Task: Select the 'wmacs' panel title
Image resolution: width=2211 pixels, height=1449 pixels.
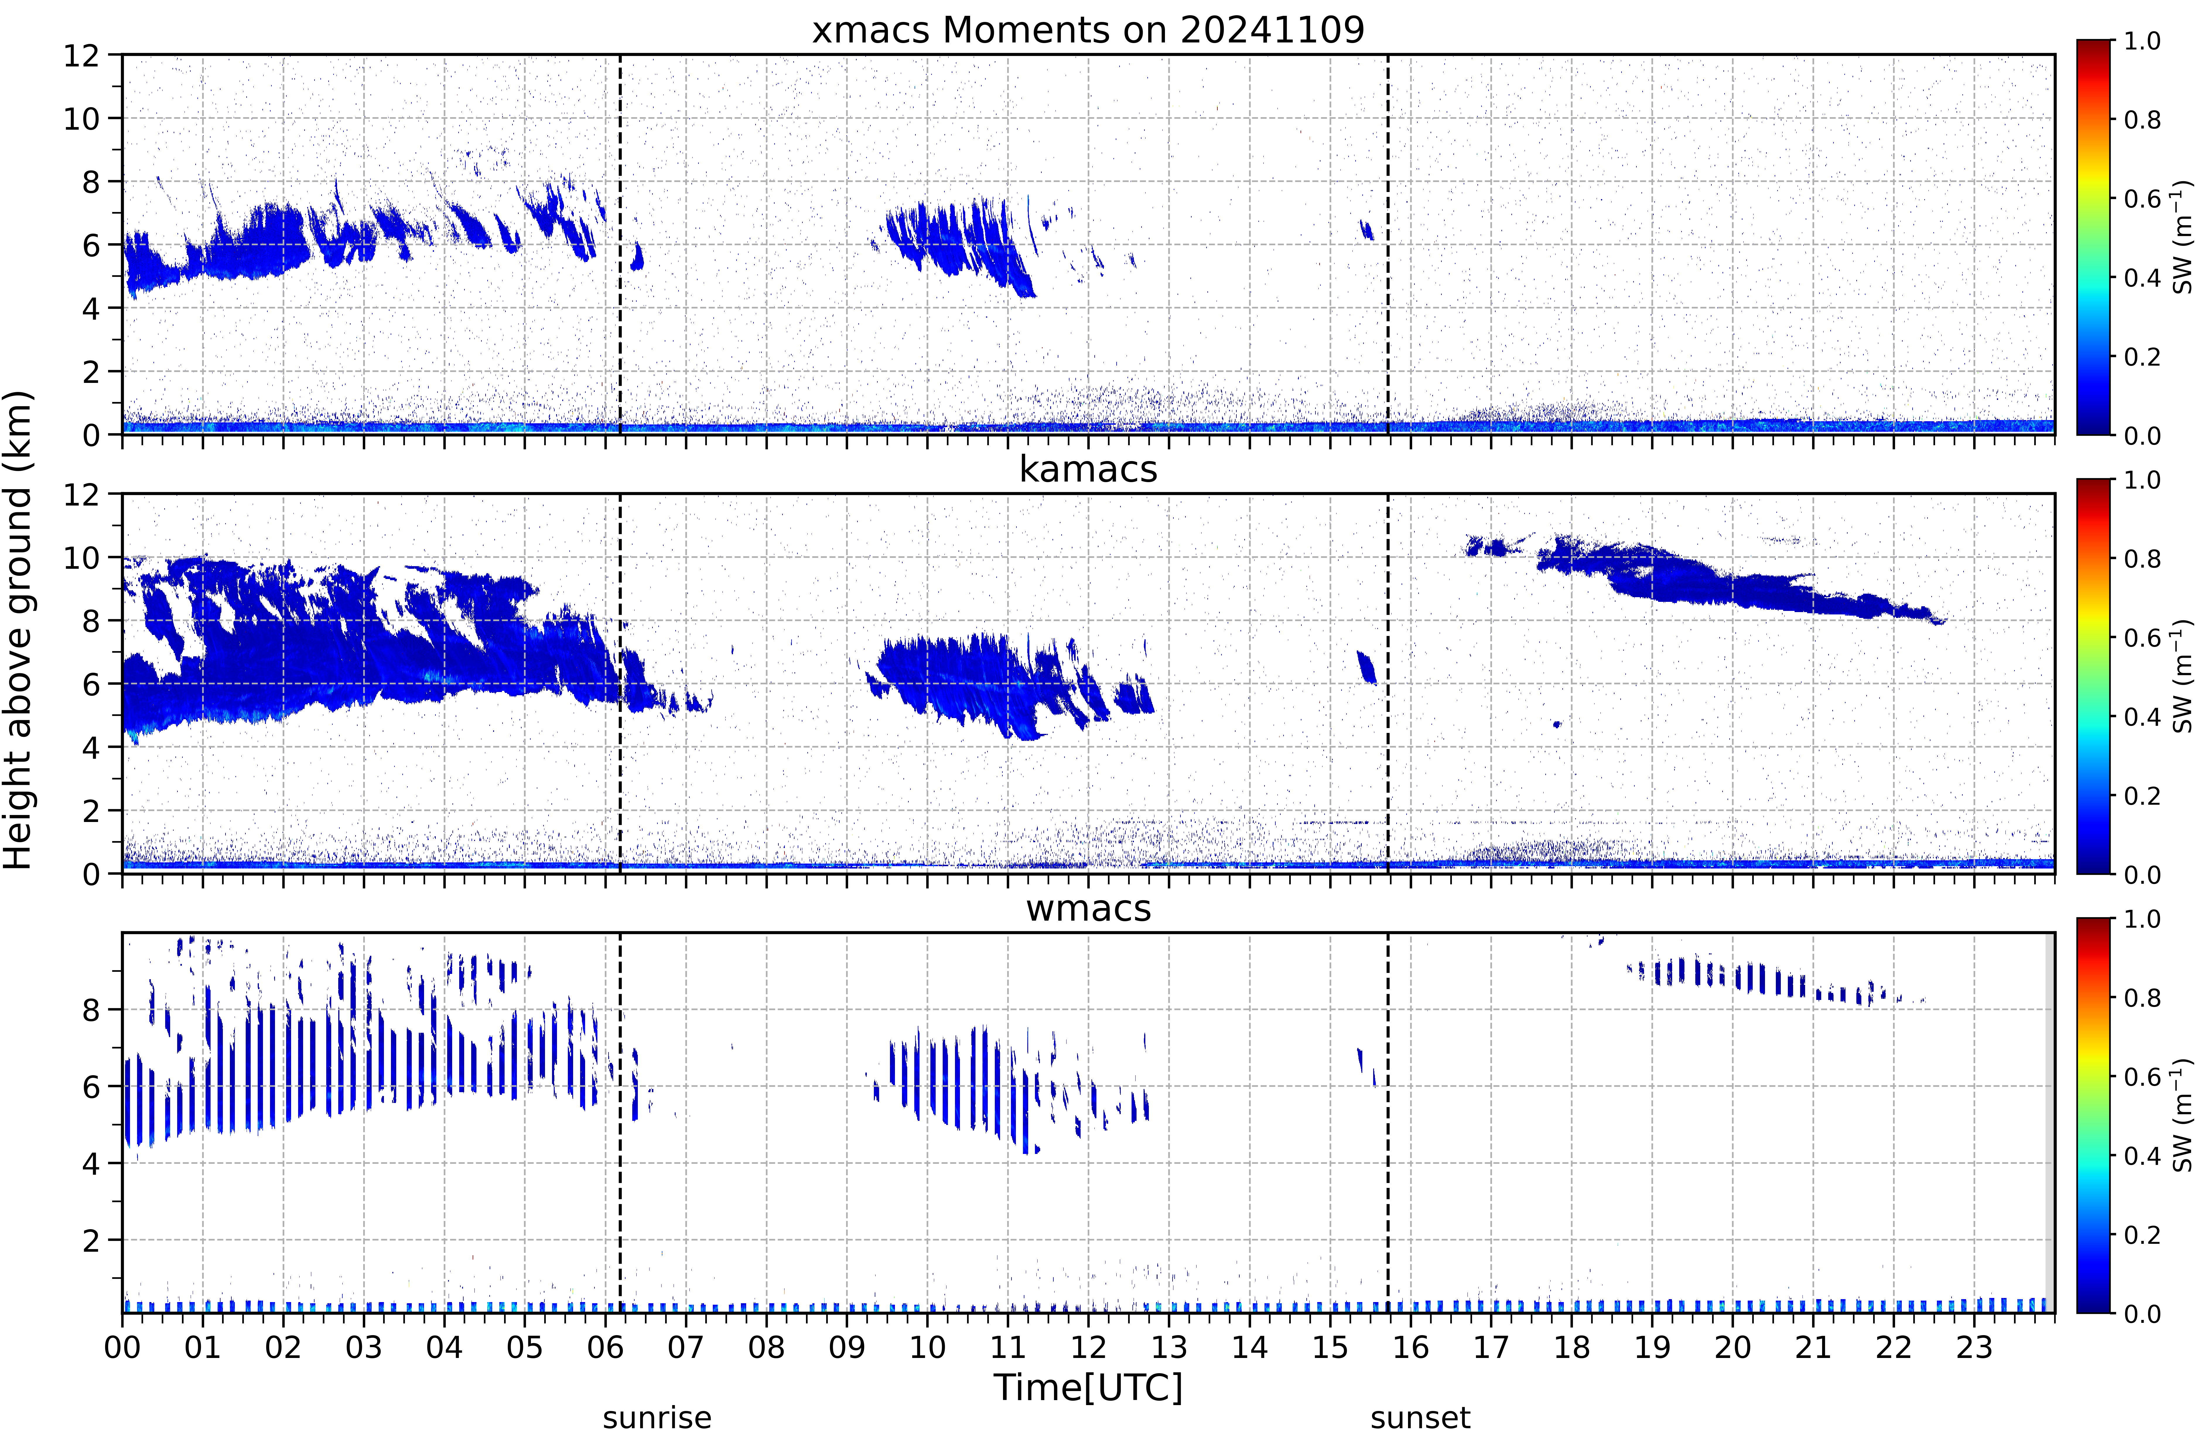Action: [x=1088, y=908]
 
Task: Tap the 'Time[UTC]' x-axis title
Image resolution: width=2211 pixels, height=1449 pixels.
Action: [x=1088, y=1388]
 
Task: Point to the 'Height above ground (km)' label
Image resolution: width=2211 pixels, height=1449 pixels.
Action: [x=18, y=630]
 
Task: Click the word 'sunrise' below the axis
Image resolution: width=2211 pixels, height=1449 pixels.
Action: [x=657, y=1418]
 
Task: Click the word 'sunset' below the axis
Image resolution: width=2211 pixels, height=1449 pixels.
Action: [x=1420, y=1418]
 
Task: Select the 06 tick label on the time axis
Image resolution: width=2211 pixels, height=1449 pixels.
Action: [x=605, y=1347]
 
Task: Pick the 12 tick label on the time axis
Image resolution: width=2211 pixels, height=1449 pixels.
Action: [x=1088, y=1347]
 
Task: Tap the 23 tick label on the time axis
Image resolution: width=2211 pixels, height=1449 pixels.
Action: [x=1974, y=1347]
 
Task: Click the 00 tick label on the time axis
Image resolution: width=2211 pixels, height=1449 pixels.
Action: [x=122, y=1347]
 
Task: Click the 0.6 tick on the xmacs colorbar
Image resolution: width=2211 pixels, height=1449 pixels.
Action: [x=2142, y=199]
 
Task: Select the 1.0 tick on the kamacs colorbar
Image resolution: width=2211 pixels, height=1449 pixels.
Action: [x=2142, y=480]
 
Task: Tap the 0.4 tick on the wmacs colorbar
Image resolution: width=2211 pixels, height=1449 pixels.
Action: [x=2142, y=1155]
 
